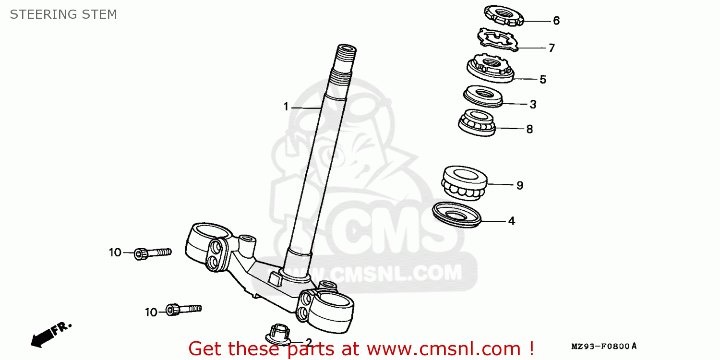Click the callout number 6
(556, 21)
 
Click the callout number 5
(543, 80)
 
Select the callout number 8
(529, 129)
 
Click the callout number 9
(520, 185)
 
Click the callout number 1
(286, 107)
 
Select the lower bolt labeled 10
(183, 309)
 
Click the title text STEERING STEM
(63, 14)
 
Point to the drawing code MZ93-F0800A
(604, 346)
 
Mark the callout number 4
(512, 221)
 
